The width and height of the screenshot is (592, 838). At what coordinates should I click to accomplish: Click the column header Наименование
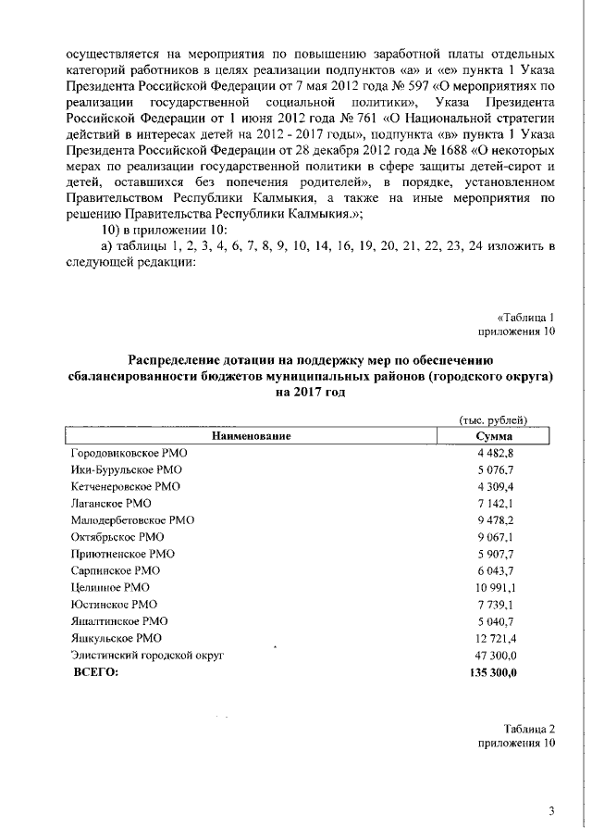point(251,435)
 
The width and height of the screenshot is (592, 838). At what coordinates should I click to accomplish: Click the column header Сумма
point(494,435)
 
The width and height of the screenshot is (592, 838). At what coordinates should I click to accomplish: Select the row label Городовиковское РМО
point(130,452)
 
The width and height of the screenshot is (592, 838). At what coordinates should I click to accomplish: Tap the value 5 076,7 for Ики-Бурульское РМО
point(494,469)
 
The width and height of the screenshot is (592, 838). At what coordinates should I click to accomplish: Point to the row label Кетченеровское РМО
point(125,486)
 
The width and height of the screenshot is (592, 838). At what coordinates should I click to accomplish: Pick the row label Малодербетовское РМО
point(132,520)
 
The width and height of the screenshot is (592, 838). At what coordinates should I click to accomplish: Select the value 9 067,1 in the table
point(494,537)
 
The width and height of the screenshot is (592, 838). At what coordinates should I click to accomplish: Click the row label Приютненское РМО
point(122,554)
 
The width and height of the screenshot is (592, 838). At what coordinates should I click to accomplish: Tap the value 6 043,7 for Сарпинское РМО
point(494,570)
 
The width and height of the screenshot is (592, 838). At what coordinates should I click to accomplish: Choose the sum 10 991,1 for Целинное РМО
point(492,588)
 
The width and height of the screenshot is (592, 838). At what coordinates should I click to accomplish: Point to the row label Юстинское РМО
point(114,604)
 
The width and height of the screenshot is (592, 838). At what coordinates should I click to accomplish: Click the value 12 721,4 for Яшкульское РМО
point(492,638)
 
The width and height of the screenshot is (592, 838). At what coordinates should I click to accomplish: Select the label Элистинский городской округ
point(147,655)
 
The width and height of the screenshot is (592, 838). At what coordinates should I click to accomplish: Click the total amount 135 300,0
point(488,672)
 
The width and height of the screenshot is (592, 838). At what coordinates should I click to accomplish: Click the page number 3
point(551,813)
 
